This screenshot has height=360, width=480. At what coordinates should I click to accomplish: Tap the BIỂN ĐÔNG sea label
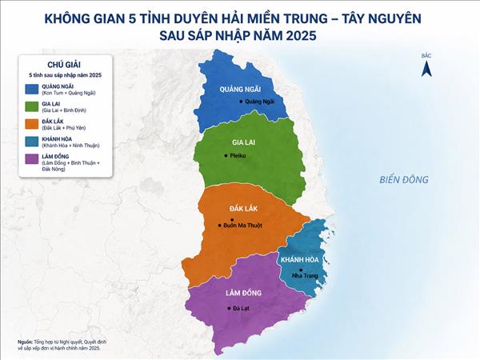(x=404, y=179)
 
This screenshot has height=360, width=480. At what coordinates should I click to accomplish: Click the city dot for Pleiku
(x=226, y=154)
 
